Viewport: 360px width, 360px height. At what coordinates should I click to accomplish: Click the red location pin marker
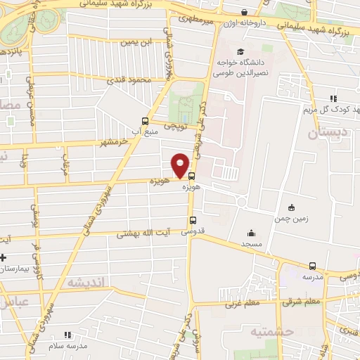(x=181, y=165)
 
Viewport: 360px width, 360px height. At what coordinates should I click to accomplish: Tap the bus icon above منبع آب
(x=145, y=120)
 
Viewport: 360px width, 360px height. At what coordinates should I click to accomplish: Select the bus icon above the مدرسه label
(x=312, y=266)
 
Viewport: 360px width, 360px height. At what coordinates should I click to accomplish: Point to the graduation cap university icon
(x=240, y=52)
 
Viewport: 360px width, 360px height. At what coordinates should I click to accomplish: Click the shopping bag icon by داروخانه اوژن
(x=244, y=13)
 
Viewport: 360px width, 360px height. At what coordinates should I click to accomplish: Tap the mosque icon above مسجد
(x=251, y=233)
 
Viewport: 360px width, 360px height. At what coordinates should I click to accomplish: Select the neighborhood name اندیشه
(x=86, y=281)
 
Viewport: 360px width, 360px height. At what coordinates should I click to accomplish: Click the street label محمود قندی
(x=129, y=80)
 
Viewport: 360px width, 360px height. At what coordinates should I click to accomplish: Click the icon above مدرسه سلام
(x=67, y=335)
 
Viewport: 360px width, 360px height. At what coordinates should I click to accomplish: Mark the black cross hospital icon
(x=3, y=256)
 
